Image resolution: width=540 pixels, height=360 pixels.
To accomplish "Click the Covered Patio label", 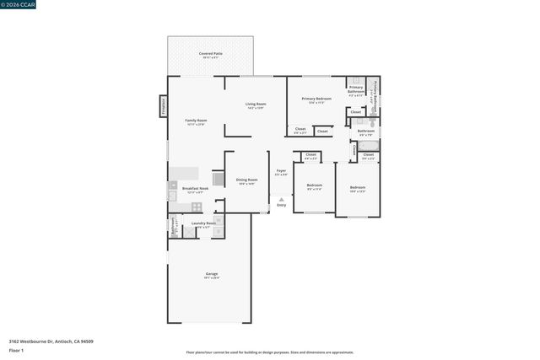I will [x=210, y=55].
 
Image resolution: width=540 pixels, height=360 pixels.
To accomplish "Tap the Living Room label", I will [x=256, y=105].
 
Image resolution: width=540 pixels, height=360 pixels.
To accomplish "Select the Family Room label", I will [x=196, y=122].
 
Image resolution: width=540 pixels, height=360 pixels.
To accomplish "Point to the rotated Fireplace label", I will [x=163, y=106].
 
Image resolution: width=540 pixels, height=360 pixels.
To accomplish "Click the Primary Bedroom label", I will [x=316, y=100].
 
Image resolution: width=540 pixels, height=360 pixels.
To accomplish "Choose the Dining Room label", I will [x=246, y=181].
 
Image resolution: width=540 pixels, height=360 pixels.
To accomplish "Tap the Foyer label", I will [x=281, y=173].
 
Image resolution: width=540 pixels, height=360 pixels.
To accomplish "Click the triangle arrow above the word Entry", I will [x=281, y=200].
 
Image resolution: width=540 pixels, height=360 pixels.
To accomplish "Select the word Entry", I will [x=281, y=206].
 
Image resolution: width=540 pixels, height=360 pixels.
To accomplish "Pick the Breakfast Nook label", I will [x=195, y=190].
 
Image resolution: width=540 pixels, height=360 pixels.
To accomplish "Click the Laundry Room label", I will [x=203, y=224].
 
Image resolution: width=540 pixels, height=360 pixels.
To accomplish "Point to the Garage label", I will [x=211, y=275].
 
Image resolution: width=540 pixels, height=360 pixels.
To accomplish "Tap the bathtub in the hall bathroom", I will [x=369, y=146].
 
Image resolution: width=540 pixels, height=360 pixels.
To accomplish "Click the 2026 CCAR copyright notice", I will [x=19, y=5].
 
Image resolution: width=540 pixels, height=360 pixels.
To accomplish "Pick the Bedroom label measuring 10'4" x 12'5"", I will [x=357, y=189].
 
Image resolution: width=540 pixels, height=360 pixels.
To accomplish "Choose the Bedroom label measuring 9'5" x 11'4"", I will [x=314, y=186].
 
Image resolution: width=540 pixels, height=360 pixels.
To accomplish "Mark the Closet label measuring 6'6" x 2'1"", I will [x=300, y=130].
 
